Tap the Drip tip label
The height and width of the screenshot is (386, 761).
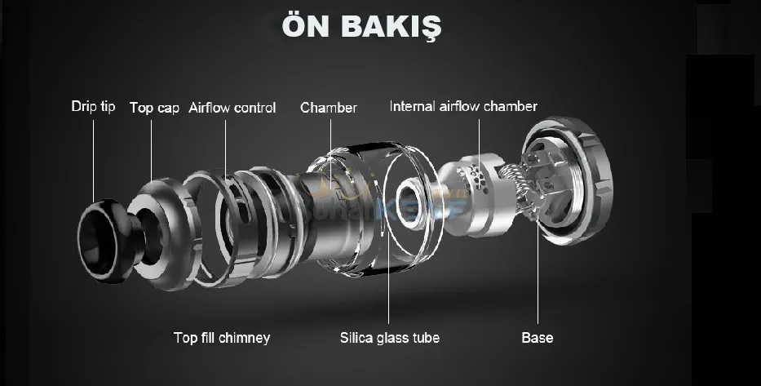tap(93, 107)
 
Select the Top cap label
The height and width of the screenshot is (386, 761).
tap(154, 108)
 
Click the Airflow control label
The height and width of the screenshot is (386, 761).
tap(232, 108)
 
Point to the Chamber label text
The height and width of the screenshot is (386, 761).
tap(329, 108)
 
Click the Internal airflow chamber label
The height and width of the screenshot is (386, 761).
tap(463, 107)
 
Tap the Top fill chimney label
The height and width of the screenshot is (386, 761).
tap(222, 337)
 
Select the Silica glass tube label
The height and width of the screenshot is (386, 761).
tap(390, 337)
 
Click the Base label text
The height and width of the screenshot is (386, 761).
tap(537, 337)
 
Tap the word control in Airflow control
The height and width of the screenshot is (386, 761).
tap(254, 108)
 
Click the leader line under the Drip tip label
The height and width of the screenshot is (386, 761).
tap(93, 155)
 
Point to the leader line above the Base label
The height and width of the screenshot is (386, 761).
tap(537, 277)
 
